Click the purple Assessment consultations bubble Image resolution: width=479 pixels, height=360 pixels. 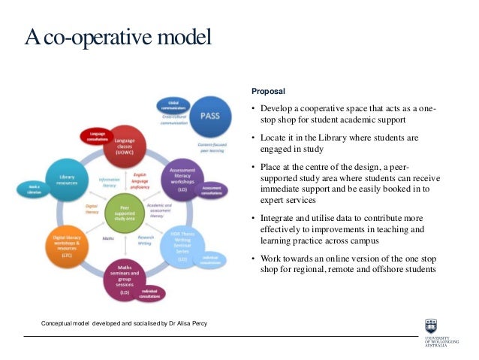[212, 189]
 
